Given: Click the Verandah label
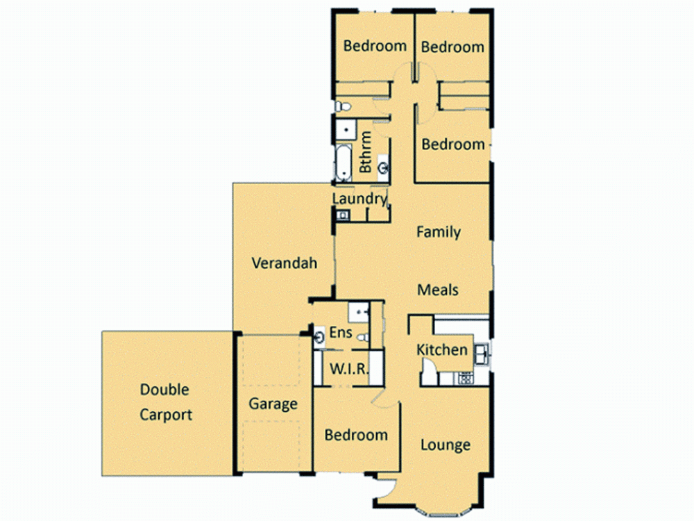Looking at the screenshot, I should pyautogui.click(x=284, y=263).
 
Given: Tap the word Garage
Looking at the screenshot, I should pyautogui.click(x=273, y=404).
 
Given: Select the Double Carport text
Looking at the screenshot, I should pyautogui.click(x=165, y=402).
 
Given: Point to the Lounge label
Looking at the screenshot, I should pyautogui.click(x=445, y=445).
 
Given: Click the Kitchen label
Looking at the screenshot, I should pyautogui.click(x=442, y=349).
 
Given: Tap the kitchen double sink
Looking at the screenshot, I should pyautogui.click(x=482, y=353).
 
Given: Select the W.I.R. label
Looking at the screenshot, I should pyautogui.click(x=348, y=368).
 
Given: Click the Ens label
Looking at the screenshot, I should pyautogui.click(x=340, y=332).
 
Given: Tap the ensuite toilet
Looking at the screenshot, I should pyautogui.click(x=362, y=338).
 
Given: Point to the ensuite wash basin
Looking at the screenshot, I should pyautogui.click(x=319, y=338).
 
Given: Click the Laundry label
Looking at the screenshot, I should pyautogui.click(x=359, y=199).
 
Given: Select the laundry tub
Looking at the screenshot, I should pyautogui.click(x=341, y=216).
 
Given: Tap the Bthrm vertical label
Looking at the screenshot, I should pyautogui.click(x=366, y=153).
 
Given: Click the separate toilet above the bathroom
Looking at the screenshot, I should pyautogui.click(x=341, y=106).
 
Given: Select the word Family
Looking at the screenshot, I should pyautogui.click(x=438, y=232).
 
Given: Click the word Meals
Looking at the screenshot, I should pyautogui.click(x=438, y=290).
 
